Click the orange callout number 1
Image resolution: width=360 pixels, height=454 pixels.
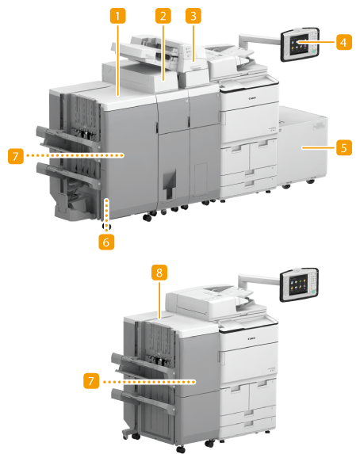pyautogui.click(x=117, y=16)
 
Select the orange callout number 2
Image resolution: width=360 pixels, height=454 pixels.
pyautogui.click(x=163, y=16)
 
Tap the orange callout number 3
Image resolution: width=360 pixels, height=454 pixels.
pyautogui.click(x=193, y=16)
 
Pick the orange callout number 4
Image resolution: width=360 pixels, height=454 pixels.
pyautogui.click(x=344, y=42)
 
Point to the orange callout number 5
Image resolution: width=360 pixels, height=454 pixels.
pyautogui.click(x=344, y=147)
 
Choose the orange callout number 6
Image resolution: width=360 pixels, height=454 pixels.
pyautogui.click(x=106, y=242)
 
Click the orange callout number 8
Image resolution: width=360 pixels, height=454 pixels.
pyautogui.click(x=159, y=273)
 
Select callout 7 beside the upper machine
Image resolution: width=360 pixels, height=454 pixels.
pyautogui.click(x=16, y=156)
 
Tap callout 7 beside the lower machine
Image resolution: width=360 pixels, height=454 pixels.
pyautogui.click(x=91, y=381)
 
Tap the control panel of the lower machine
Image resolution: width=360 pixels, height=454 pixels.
pyautogui.click(x=299, y=284)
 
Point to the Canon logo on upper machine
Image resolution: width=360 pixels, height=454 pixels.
pyautogui.click(x=252, y=99)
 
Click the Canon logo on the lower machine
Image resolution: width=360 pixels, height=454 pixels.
pyautogui.click(x=251, y=338)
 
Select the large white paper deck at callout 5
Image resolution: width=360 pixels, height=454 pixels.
pyautogui.click(x=303, y=147)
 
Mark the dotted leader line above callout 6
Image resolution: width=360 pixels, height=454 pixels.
pyautogui.click(x=107, y=215)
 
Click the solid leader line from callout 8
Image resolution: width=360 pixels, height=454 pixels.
pyautogui.click(x=159, y=299)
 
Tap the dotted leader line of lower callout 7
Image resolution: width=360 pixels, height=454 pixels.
pyautogui.click(x=149, y=382)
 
